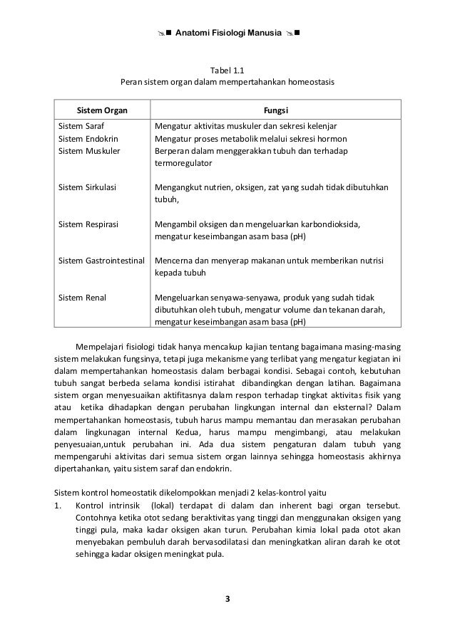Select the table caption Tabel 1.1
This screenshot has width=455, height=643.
click(x=227, y=70)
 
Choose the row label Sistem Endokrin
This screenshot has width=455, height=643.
click(x=88, y=138)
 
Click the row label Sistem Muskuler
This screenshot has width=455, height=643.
click(x=89, y=151)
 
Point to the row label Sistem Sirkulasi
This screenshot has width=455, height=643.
click(x=87, y=188)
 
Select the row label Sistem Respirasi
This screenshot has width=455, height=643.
click(x=88, y=225)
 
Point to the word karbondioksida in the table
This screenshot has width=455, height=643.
click(x=329, y=225)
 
